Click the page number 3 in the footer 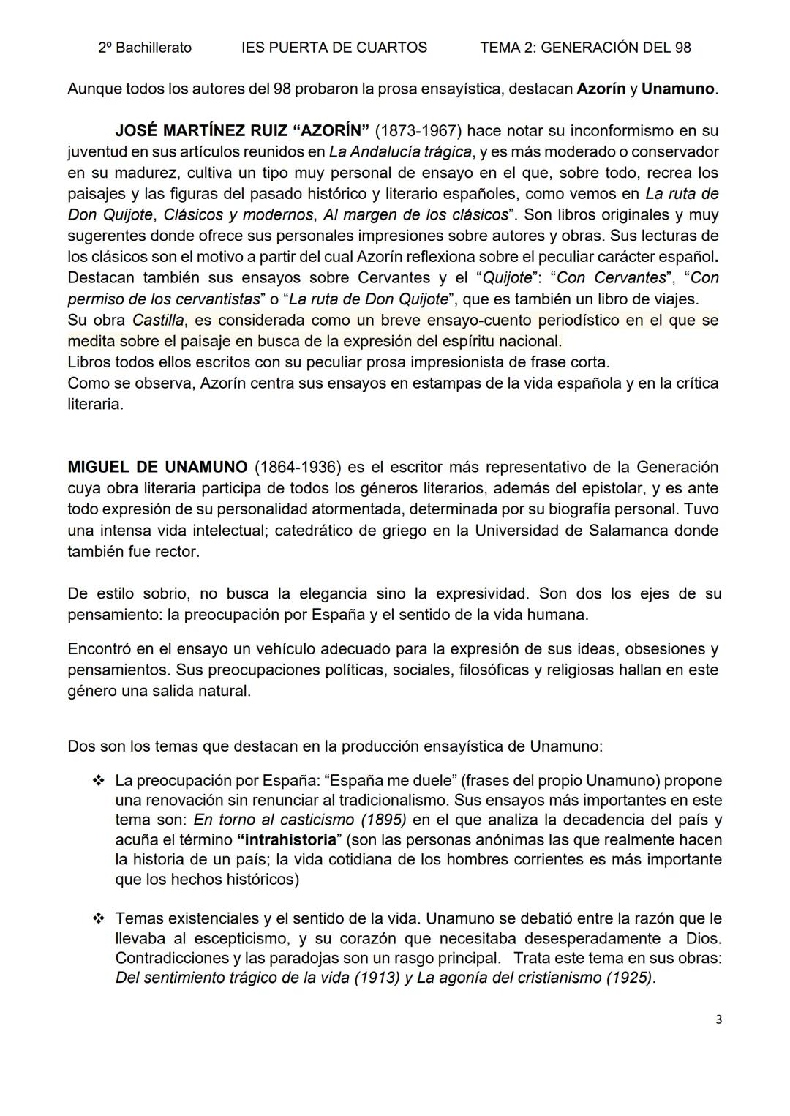click(x=719, y=1019)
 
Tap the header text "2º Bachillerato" click(x=145, y=48)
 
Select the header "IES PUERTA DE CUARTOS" click(x=334, y=48)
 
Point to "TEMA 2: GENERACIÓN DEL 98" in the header click(x=585, y=48)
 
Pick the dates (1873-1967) click(x=418, y=131)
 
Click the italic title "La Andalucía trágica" click(x=400, y=152)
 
